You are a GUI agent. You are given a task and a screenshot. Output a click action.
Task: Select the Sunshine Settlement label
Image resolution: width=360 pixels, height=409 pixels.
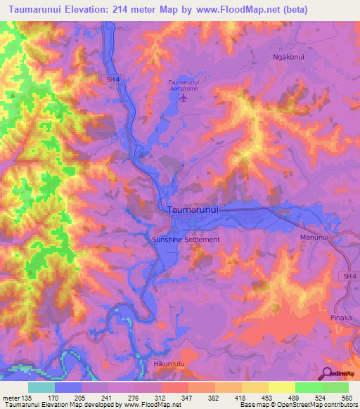coord(186,240)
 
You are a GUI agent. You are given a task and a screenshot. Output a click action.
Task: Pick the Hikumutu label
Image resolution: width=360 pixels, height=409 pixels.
coord(169,364)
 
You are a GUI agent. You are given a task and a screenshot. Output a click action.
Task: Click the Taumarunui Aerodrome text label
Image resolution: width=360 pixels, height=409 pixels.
coord(185,85)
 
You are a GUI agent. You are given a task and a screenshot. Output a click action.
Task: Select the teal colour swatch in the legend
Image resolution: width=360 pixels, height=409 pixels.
coord(41,387)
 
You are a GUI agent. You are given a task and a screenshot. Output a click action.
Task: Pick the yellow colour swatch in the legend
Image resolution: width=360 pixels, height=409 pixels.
coord(281,387)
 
